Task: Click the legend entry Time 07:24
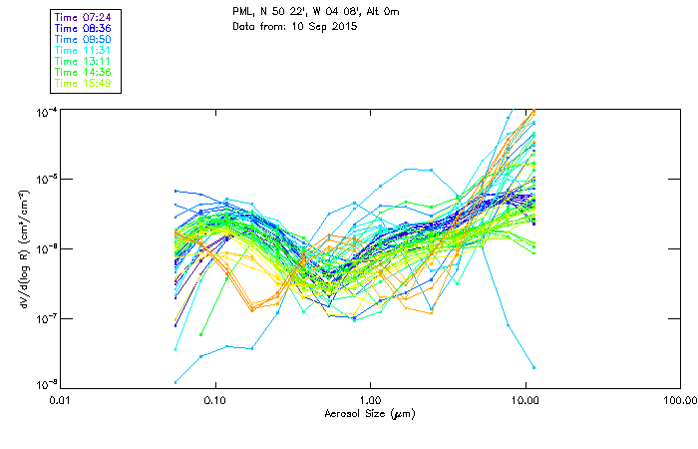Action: tap(85, 17)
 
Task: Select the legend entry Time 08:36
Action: tap(85, 28)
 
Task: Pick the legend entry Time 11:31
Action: tap(85, 50)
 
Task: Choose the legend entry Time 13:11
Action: tap(85, 61)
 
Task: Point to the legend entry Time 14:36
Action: tap(85, 72)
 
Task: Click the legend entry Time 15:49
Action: tap(85, 83)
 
